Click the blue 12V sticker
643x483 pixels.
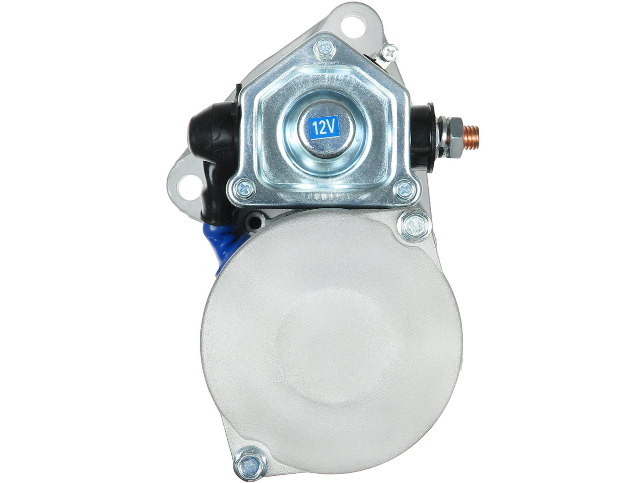click(324, 127)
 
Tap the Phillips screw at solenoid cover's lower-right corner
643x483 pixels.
click(404, 189)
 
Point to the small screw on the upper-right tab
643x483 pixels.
click(389, 52)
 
